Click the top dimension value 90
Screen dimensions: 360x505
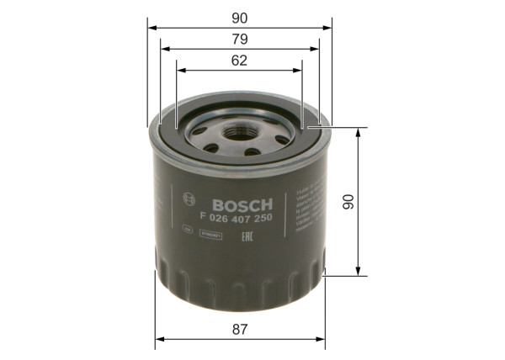pos(240,17)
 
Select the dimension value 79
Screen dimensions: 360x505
pos(240,39)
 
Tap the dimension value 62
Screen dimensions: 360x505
pos(240,60)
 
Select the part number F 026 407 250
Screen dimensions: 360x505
pos(237,219)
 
